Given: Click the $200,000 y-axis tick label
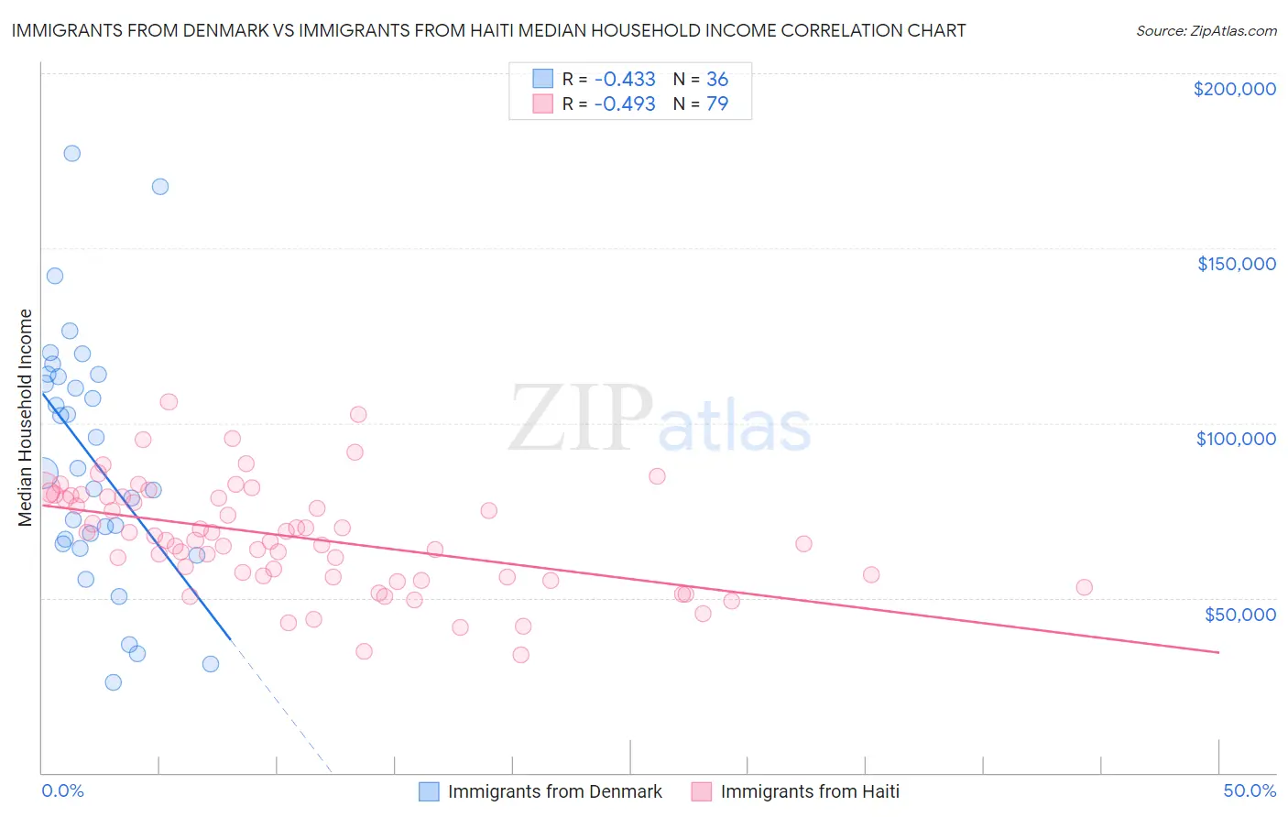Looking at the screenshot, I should (1234, 89).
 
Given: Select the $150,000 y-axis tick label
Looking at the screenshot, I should (1236, 264).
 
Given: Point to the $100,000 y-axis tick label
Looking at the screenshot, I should (1236, 439).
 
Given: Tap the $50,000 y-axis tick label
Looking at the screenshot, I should (1239, 614).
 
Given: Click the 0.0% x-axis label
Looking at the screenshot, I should (62, 790).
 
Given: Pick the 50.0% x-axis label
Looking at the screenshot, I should (1250, 790).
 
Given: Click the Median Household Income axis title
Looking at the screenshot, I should (26, 418).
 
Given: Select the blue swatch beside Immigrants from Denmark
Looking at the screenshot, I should (429, 791).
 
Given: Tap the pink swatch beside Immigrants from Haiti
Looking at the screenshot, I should (702, 791).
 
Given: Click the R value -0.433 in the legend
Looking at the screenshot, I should (625, 80).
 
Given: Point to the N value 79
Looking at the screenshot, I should (717, 103).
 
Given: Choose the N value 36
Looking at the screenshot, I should (717, 80).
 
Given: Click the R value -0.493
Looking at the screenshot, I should (625, 103).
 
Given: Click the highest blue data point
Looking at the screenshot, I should (71, 153).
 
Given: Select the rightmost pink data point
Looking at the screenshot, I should (1084, 587).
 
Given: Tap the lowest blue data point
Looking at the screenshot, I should (113, 682).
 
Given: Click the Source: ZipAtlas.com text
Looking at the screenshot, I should (1206, 31).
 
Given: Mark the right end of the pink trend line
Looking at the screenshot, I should (1219, 652).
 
